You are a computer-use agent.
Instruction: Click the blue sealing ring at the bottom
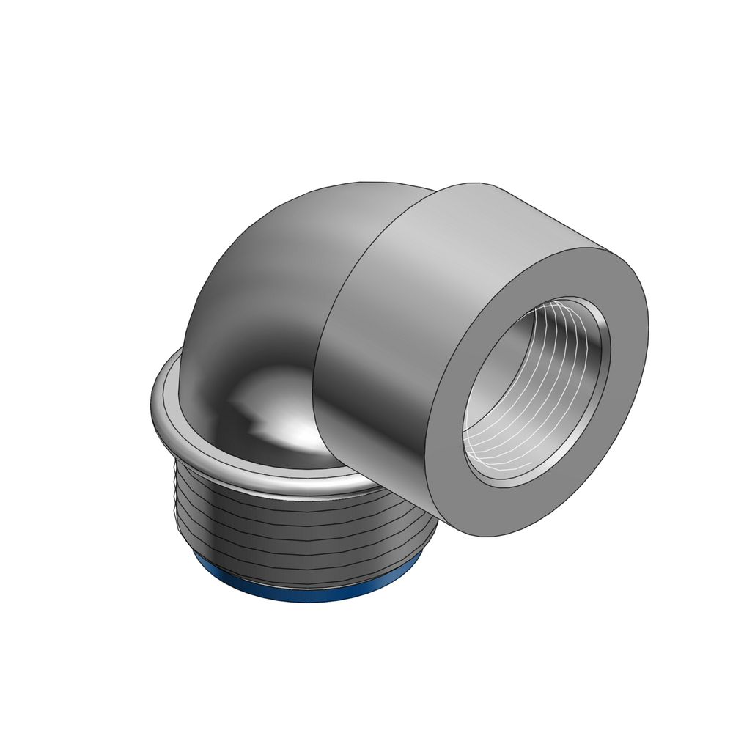[293, 586]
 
